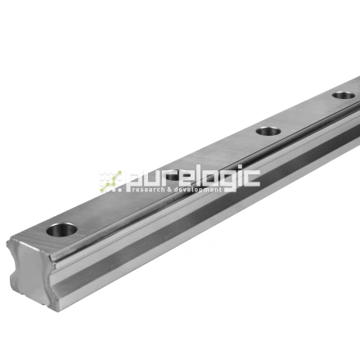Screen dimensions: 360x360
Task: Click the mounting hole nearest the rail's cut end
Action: pos(62,229)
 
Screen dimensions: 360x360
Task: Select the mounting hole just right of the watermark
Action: pos(268,131)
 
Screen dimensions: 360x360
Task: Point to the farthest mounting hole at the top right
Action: pos(344,95)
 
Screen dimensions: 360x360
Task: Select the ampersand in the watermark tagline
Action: pos(169,190)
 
